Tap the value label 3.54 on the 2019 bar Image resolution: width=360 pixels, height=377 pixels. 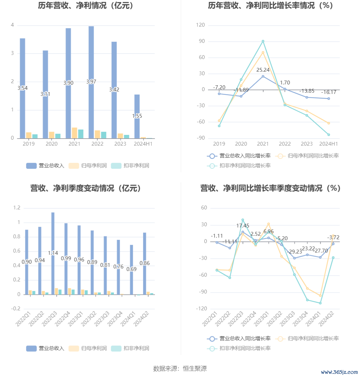23,88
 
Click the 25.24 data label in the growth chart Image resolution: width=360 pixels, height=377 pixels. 263,70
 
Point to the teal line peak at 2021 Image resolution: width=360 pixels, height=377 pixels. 263,41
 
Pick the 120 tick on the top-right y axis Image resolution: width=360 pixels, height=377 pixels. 201,25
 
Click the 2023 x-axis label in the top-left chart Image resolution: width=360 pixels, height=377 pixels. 120,144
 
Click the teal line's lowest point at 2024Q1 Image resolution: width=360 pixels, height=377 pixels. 320,303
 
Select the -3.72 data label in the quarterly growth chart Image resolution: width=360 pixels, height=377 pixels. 333,237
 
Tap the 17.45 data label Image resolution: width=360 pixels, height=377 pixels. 243,226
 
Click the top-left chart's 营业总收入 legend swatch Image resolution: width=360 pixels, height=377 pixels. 31,166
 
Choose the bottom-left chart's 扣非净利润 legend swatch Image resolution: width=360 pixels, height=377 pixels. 116,348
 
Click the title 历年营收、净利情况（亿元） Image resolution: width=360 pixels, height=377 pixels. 86,6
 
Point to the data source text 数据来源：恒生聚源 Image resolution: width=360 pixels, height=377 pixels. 180,368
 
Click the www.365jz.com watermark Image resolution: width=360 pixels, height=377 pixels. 339,372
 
